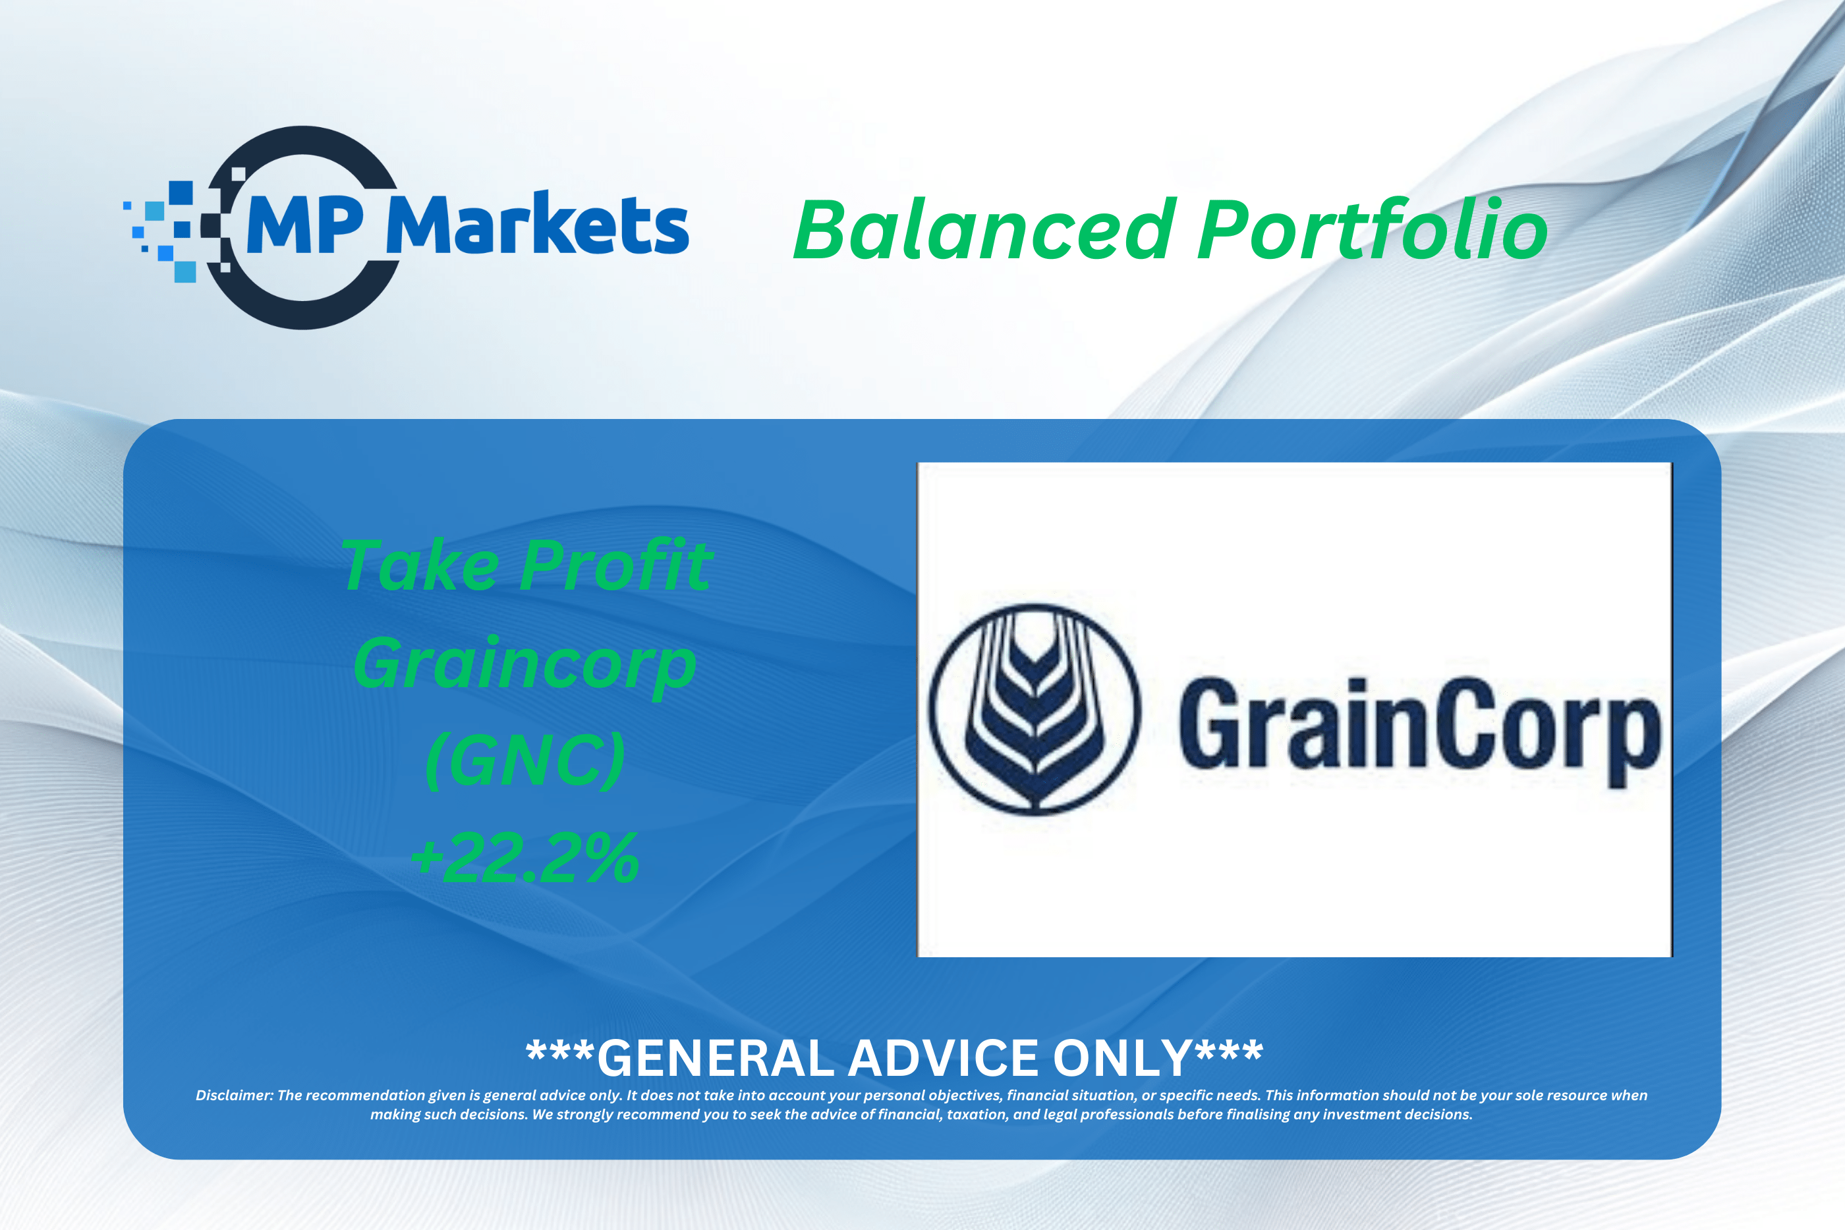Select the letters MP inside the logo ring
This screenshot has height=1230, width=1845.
(x=305, y=225)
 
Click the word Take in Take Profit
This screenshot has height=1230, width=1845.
(x=420, y=565)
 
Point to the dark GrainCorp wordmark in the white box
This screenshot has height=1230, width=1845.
(x=1420, y=732)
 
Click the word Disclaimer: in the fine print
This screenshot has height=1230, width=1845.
(x=235, y=1095)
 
